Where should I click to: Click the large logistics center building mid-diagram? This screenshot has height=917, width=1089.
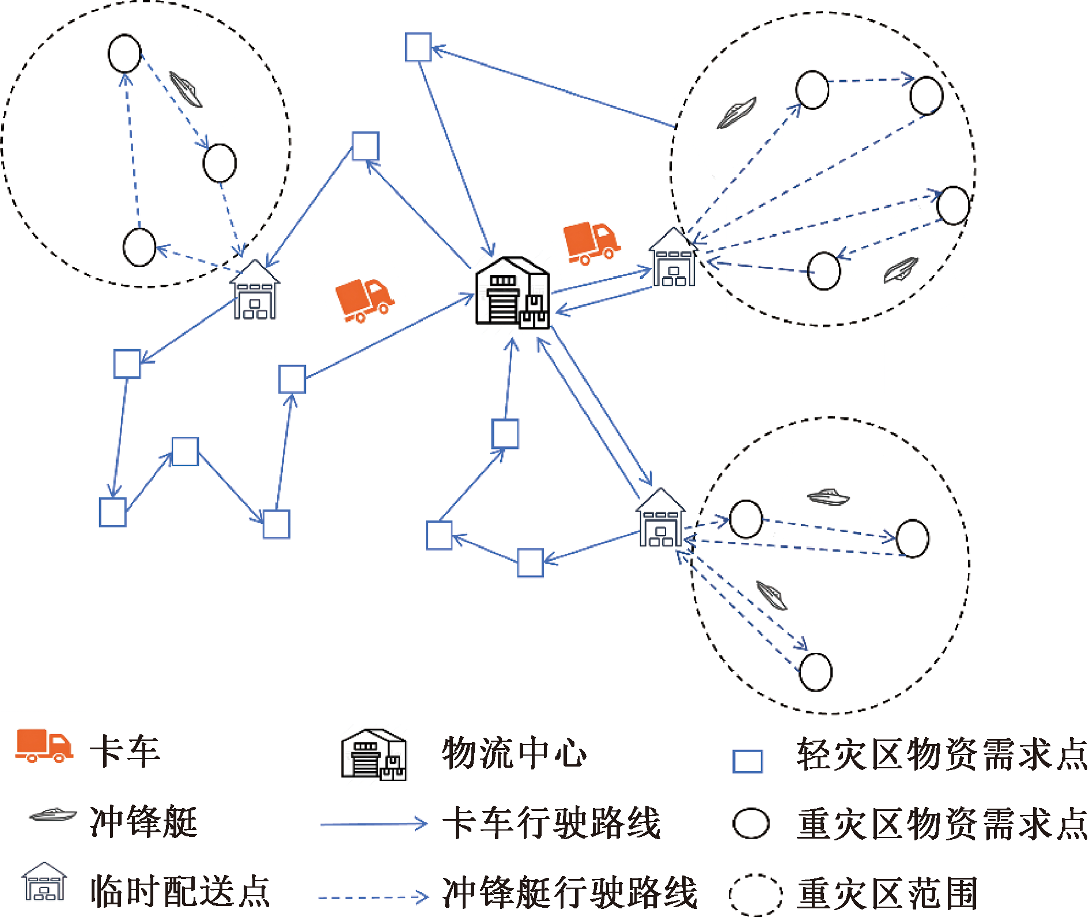click(512, 293)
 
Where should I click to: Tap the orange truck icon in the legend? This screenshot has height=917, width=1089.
click(44, 746)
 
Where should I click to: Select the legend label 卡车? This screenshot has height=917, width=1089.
click(125, 752)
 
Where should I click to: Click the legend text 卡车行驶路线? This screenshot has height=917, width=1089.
click(551, 822)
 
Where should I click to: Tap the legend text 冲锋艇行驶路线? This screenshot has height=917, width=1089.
click(570, 892)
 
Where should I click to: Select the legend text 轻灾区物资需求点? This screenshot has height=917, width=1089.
click(941, 754)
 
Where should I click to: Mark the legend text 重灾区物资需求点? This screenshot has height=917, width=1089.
click(941, 824)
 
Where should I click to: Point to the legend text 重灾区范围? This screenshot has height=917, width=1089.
click(887, 893)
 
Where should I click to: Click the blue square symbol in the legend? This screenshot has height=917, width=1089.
click(747, 761)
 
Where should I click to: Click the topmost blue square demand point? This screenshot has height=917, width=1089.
click(418, 47)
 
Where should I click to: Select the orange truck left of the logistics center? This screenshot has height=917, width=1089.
click(364, 300)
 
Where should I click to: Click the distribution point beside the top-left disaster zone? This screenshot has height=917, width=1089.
click(255, 290)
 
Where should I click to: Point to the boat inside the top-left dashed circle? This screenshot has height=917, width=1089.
click(186, 89)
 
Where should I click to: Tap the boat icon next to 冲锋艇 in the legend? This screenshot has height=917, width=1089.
click(52, 814)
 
